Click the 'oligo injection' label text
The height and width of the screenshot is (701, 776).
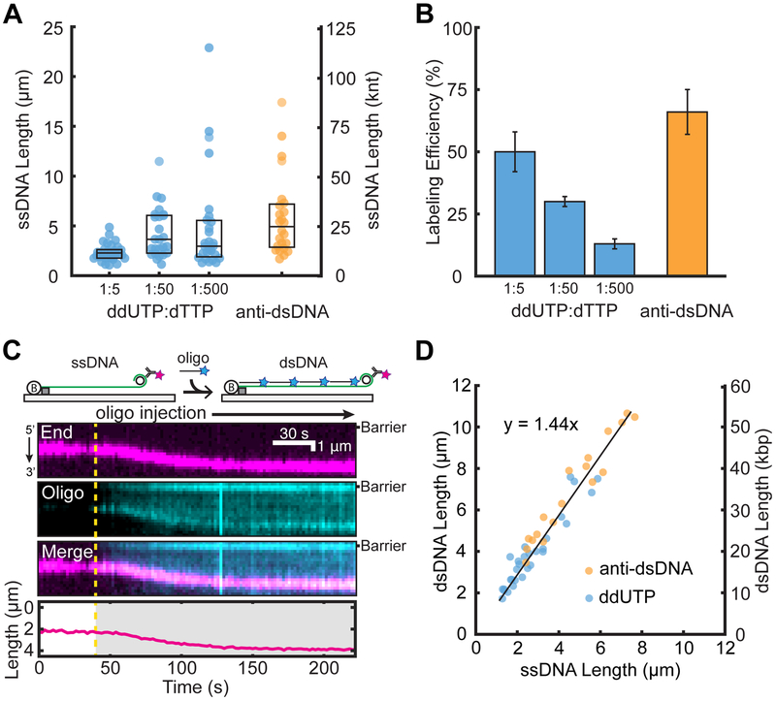[154, 414]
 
